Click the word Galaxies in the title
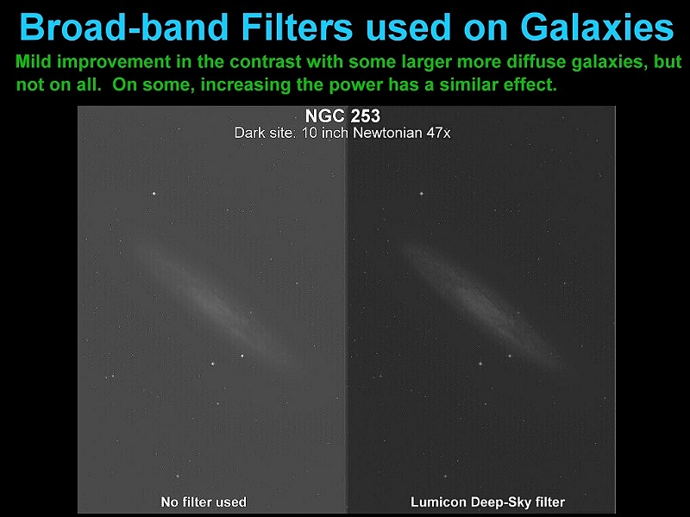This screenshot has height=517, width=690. (x=597, y=27)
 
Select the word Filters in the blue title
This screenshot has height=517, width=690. (x=297, y=27)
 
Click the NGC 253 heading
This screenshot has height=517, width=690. (x=342, y=116)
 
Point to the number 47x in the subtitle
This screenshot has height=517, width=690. (x=438, y=133)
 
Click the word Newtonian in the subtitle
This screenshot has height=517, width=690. (x=387, y=133)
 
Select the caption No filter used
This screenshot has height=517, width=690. (x=204, y=501)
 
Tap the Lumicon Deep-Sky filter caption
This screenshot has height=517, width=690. (x=487, y=502)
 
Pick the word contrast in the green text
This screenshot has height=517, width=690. (x=266, y=62)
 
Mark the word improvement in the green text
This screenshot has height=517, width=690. (x=114, y=62)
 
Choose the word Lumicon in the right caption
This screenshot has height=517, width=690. (x=438, y=502)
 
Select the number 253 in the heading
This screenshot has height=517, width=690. (x=363, y=116)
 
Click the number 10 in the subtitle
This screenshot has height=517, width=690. (x=310, y=133)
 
